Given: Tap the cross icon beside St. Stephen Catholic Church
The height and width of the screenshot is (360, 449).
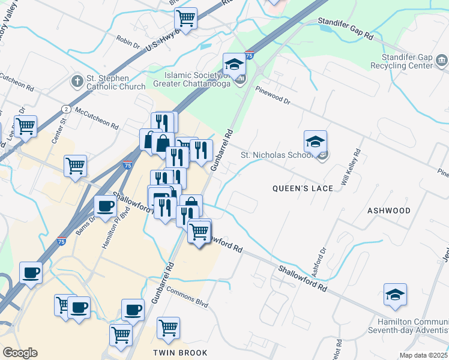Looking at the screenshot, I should coord(77,80).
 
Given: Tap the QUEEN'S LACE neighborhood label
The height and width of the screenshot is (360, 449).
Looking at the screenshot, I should coord(303,188).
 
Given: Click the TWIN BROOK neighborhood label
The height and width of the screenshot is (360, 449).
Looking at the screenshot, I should coord(180,353).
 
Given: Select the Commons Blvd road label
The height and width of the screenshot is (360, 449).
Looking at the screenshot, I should coord(187,298).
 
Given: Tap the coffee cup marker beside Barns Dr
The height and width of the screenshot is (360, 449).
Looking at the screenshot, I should coord(106,208).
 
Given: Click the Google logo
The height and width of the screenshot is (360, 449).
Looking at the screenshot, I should coord(20,352).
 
